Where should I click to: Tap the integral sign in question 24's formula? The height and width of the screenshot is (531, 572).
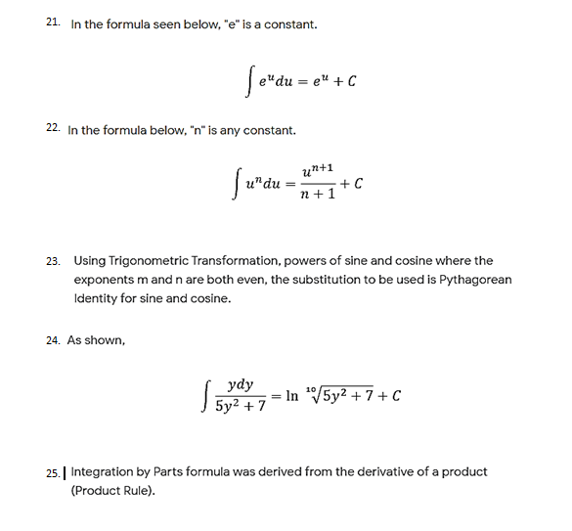click(x=202, y=397)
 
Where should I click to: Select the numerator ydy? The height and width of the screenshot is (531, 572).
click(x=238, y=385)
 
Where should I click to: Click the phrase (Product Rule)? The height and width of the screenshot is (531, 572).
click(x=112, y=490)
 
